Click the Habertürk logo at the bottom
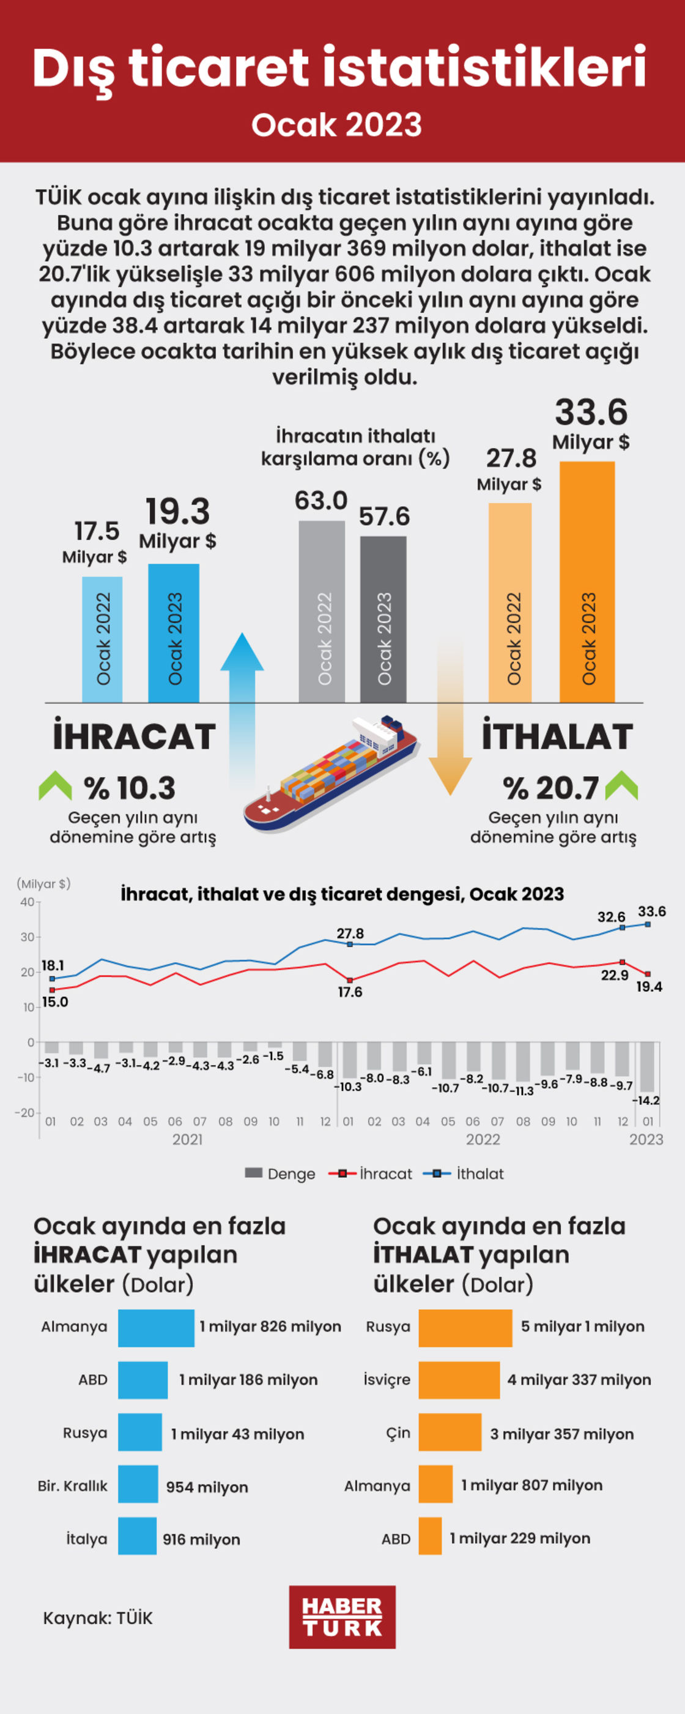pos(342,1616)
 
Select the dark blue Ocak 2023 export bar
pos(174,634)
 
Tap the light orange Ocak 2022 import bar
pos(510,603)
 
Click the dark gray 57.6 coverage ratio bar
pos(383,619)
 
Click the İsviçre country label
pos(387,1380)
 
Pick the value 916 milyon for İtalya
pos(201,1539)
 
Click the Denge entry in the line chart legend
pos(280,1173)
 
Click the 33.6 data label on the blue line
pos(652,911)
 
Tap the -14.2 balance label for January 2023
pos(646,1101)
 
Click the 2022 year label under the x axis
pos(483,1139)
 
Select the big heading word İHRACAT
pos(135,736)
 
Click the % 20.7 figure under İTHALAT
pos(550,788)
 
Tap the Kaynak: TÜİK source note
pos(98,1618)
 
